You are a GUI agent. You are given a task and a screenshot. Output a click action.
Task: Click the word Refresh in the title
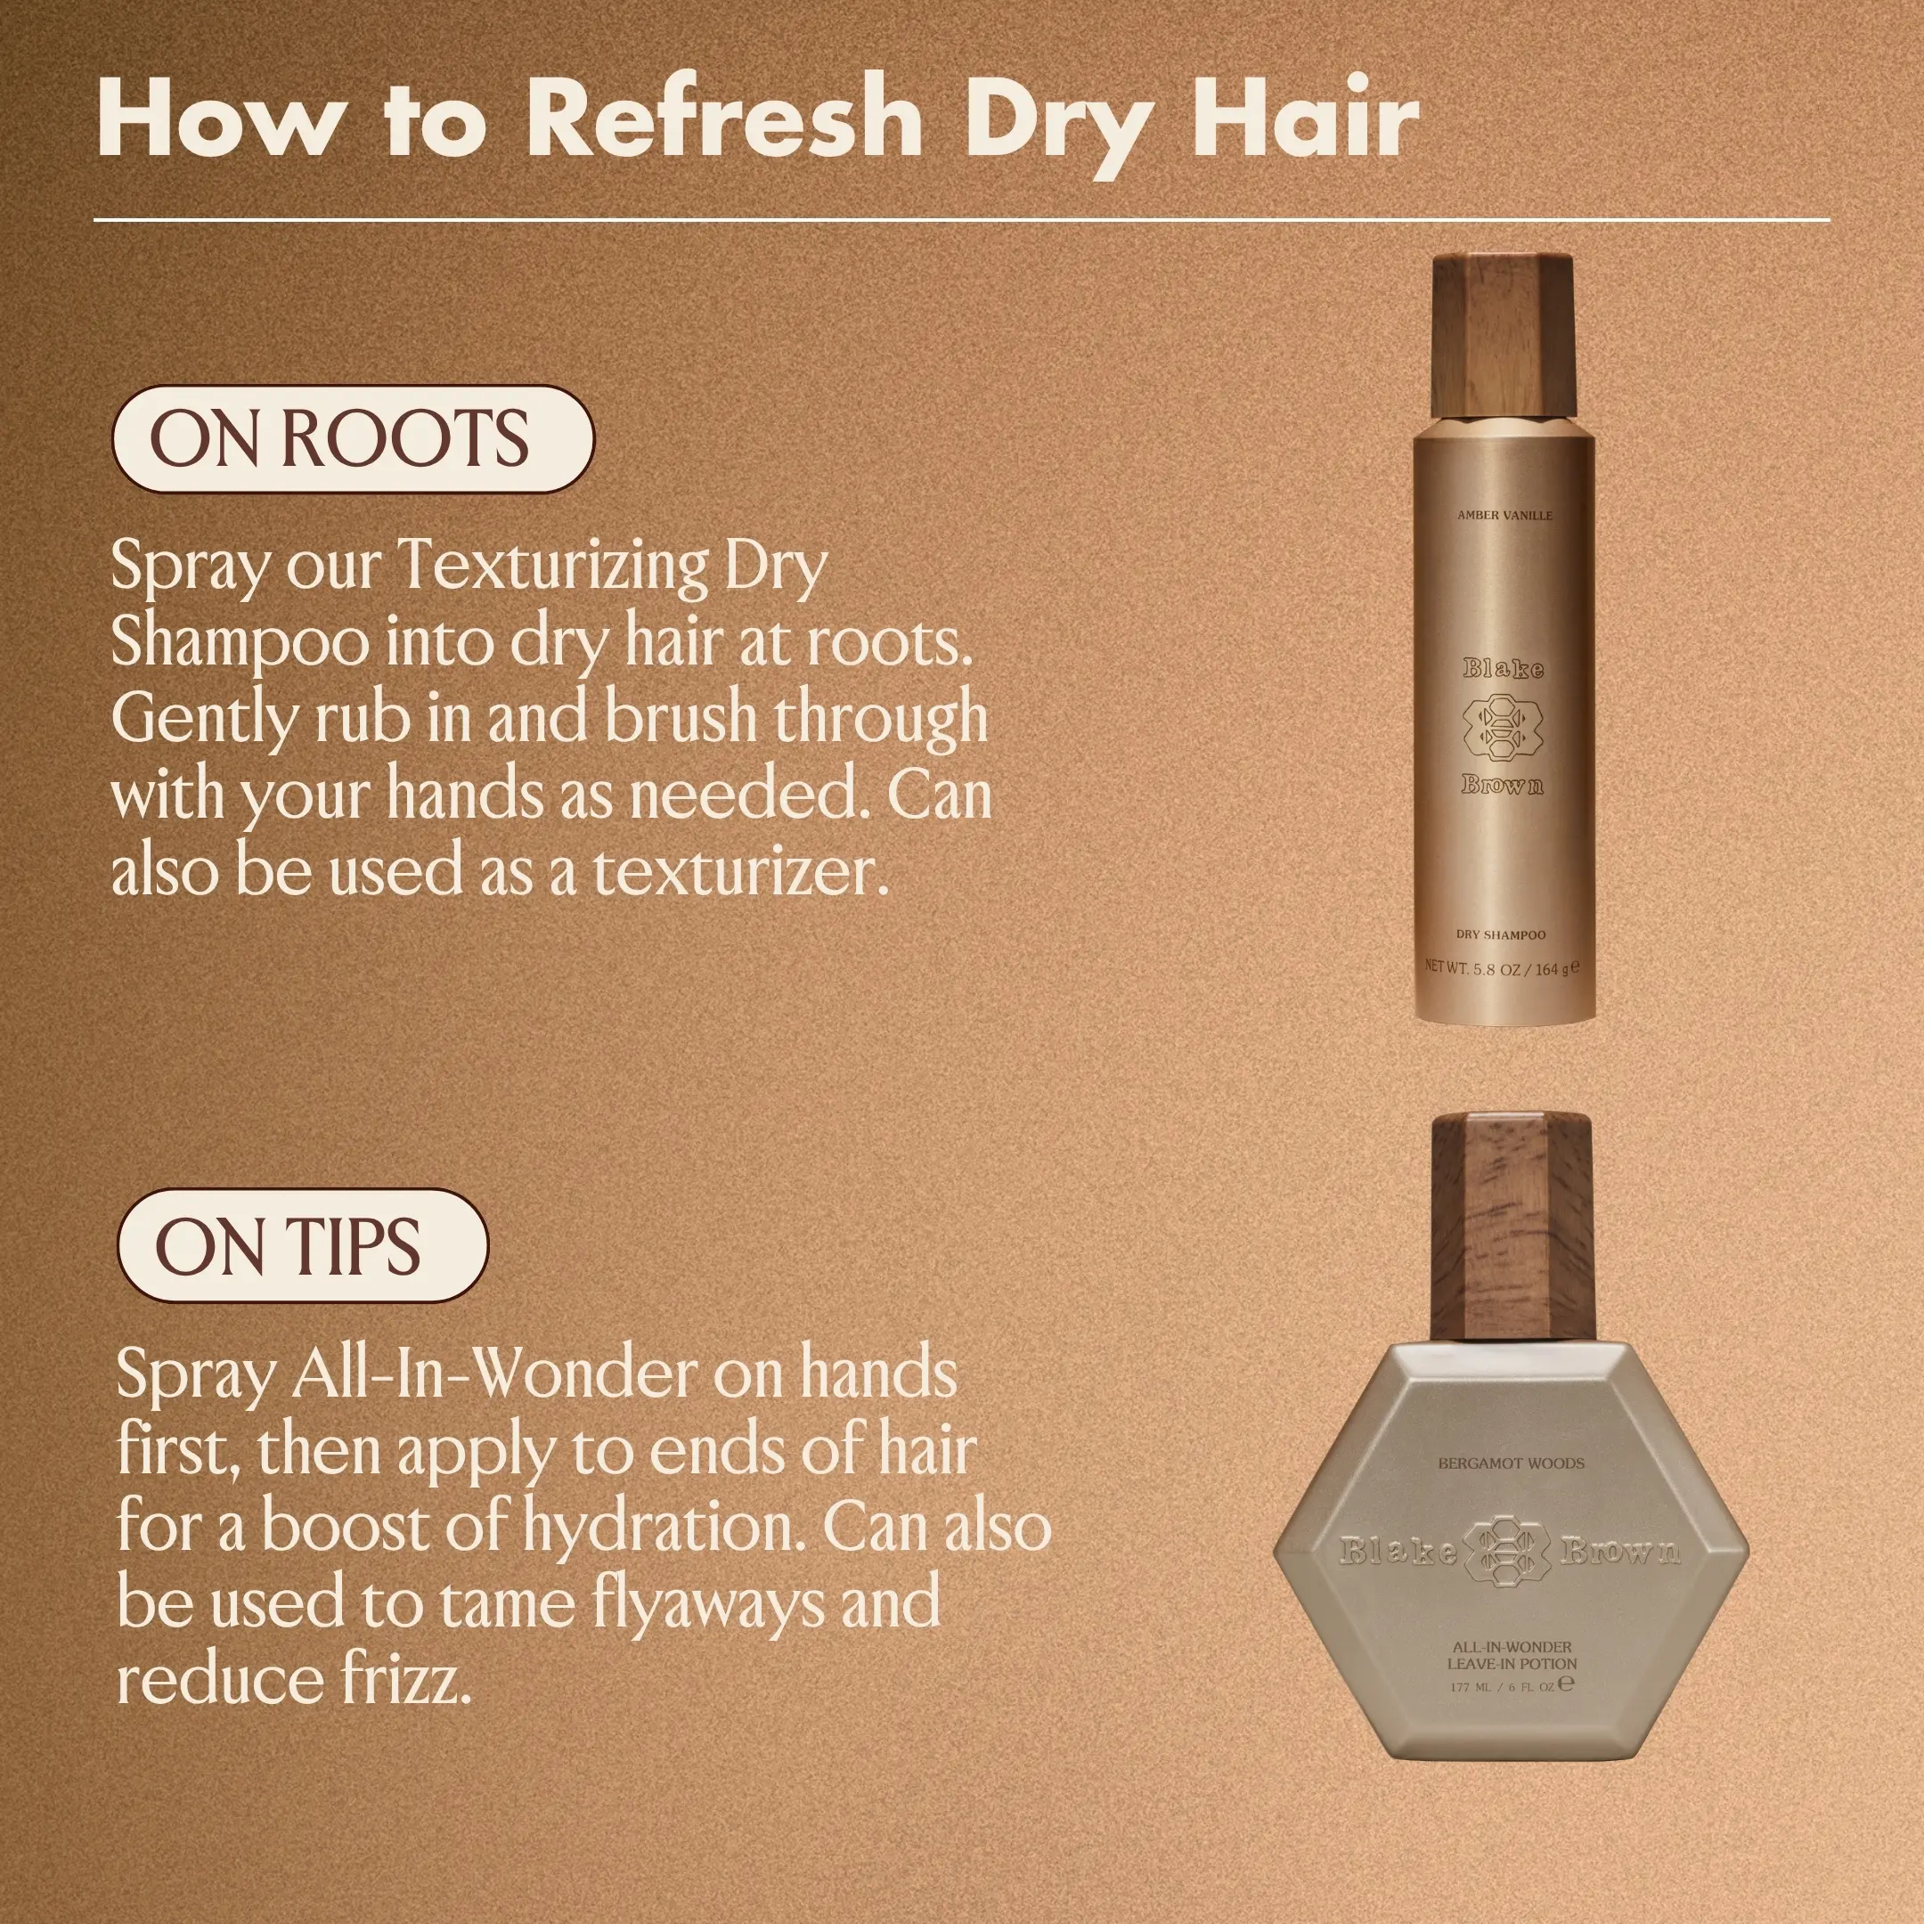[x=724, y=119]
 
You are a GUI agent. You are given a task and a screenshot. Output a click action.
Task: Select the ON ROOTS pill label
[x=354, y=439]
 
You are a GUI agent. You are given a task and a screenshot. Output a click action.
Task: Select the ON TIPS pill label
[x=303, y=1247]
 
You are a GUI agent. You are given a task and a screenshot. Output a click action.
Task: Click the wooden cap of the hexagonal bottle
[x=1511, y=1229]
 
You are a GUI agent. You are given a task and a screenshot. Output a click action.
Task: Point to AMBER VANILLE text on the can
[x=1504, y=516]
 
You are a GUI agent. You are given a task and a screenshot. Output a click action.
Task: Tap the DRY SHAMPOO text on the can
[x=1501, y=935]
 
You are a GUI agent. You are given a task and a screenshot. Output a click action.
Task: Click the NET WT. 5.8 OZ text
[x=1501, y=967]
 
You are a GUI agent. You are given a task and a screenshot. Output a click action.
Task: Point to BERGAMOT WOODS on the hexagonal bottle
[x=1511, y=1463]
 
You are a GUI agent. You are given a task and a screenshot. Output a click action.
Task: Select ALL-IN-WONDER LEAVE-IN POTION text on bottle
[x=1512, y=1655]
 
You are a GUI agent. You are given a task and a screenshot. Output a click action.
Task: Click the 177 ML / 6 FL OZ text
[x=1511, y=1685]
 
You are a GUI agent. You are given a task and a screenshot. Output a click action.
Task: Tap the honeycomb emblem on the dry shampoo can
[x=1503, y=727]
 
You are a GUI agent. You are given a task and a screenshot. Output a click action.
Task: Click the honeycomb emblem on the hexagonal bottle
[x=1511, y=1551]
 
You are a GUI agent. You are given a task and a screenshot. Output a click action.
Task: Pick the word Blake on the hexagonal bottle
[x=1398, y=1551]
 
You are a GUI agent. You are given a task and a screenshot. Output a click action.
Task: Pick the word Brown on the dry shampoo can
[x=1503, y=785]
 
